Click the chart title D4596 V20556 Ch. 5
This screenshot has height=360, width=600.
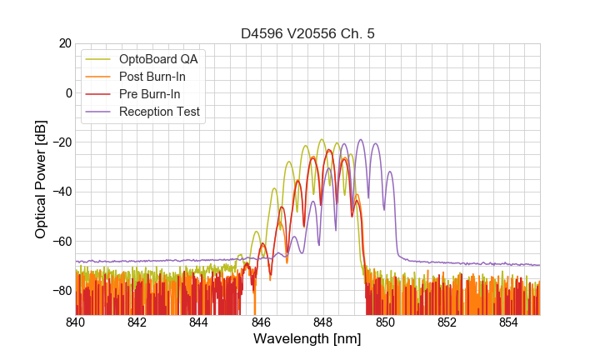(307, 34)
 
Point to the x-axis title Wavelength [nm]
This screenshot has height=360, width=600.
(307, 340)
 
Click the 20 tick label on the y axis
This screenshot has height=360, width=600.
(63, 43)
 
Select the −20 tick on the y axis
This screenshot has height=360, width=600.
(60, 142)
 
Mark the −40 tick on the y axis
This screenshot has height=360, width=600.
(60, 192)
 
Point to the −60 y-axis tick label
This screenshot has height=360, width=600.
(60, 241)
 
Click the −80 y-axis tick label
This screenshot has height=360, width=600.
(60, 291)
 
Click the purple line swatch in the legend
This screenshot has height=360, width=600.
(101, 112)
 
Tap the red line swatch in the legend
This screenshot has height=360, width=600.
(101, 94)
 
